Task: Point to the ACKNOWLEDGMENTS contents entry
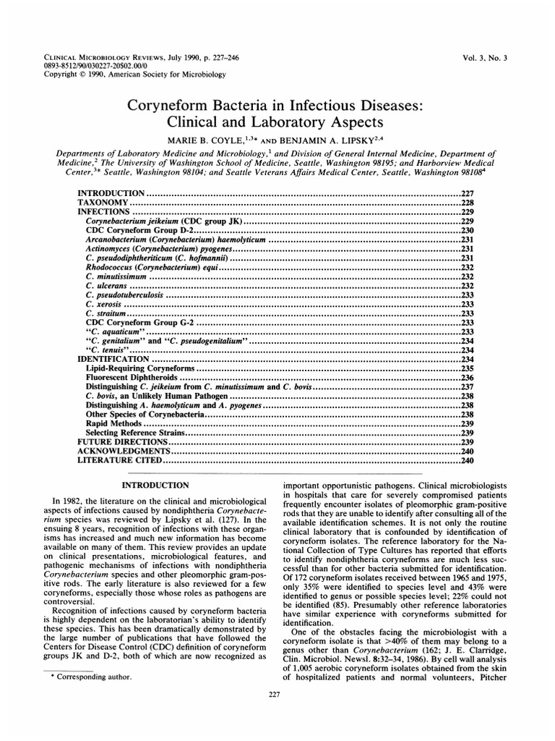(118, 450)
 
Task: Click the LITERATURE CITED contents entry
(120, 460)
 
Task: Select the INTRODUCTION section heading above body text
(156, 484)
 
